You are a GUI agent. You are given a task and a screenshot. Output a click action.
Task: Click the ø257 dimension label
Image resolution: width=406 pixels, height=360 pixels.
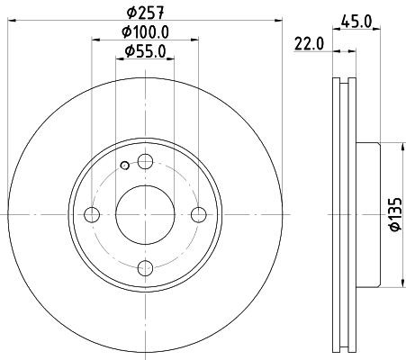[x=144, y=12]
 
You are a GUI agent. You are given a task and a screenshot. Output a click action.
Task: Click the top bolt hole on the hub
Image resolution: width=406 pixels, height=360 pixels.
[x=144, y=161]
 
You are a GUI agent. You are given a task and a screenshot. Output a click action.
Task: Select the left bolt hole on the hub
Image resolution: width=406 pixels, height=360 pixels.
[x=91, y=214]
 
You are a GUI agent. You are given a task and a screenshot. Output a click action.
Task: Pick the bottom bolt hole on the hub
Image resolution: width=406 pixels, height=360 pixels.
[x=144, y=267]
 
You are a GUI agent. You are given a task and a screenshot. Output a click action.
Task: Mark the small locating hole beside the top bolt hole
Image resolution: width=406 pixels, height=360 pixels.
[x=123, y=166]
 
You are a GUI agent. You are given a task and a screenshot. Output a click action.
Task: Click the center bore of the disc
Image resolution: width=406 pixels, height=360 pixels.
[x=144, y=214]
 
